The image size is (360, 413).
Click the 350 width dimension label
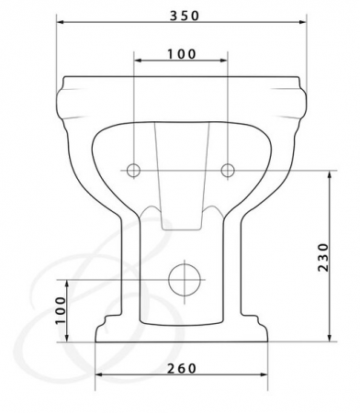tap(185, 16)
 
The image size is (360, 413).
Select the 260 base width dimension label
tap(181, 369)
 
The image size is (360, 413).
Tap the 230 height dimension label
tap(323, 257)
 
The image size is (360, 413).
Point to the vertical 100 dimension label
tap(61, 310)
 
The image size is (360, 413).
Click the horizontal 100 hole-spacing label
tap(181, 54)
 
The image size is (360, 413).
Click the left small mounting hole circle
tap(134, 170)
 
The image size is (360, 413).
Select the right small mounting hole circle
tap(228, 170)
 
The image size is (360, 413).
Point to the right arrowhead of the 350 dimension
tap(302, 22)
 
